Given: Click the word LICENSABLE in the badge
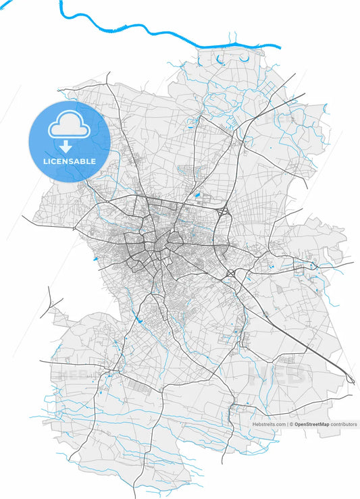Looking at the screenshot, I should pyautogui.click(x=70, y=161).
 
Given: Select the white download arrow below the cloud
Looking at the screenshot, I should pyautogui.click(x=66, y=147).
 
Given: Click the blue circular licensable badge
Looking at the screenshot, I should pyautogui.click(x=70, y=142).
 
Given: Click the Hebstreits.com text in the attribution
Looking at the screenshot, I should pyautogui.click(x=269, y=424).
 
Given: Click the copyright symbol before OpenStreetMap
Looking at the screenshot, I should pyautogui.click(x=291, y=424).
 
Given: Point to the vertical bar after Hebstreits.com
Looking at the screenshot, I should pyautogui.click(x=288, y=424).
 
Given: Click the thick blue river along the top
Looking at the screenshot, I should pyautogui.click(x=155, y=30).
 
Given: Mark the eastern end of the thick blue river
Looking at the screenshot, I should pyautogui.click(x=278, y=47).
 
